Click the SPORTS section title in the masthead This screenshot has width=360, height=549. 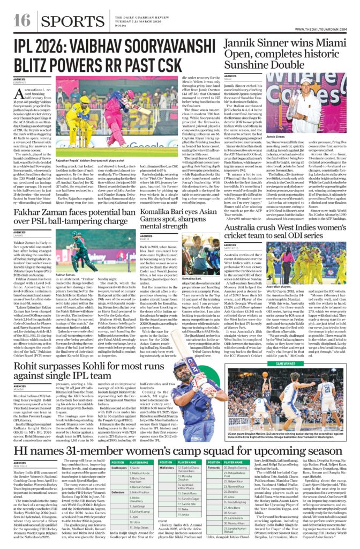[66, 21]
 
